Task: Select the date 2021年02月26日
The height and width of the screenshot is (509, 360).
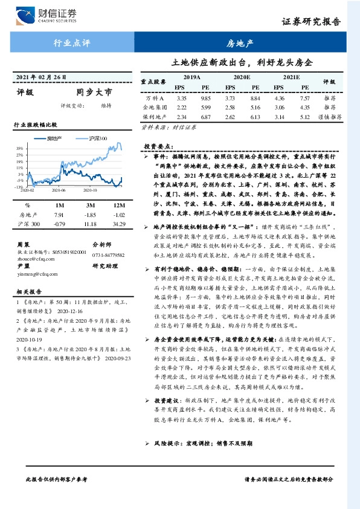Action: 39,77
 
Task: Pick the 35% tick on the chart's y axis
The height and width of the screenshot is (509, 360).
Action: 20,148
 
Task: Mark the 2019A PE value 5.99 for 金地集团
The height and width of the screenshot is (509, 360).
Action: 205,107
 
